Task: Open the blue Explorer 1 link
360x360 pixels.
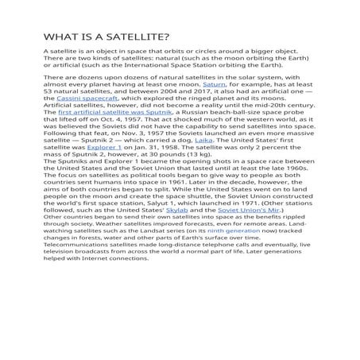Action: click(x=105, y=172)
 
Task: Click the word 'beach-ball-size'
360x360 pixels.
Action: click(x=246, y=134)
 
